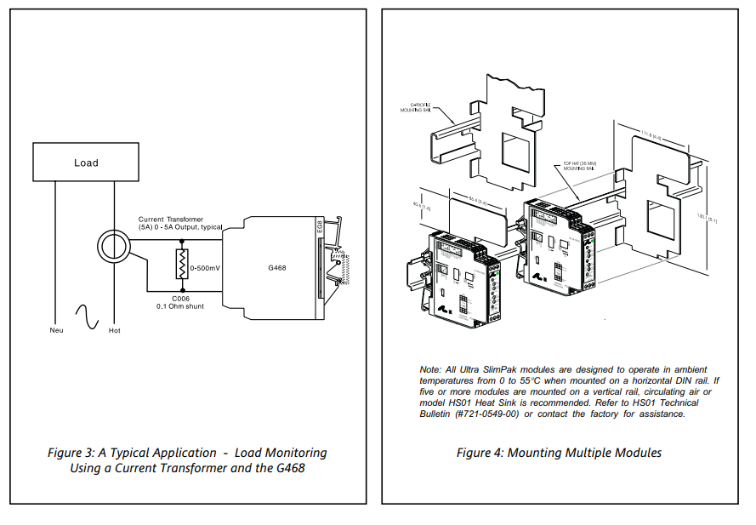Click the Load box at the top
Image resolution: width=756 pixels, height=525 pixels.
pyautogui.click(x=86, y=162)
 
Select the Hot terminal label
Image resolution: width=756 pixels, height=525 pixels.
pyautogui.click(x=114, y=330)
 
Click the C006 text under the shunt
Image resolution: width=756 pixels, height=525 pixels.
pyautogui.click(x=180, y=298)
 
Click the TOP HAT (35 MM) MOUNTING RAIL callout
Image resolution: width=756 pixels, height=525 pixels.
pyautogui.click(x=578, y=166)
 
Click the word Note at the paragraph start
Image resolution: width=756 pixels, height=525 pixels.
pyautogui.click(x=429, y=369)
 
